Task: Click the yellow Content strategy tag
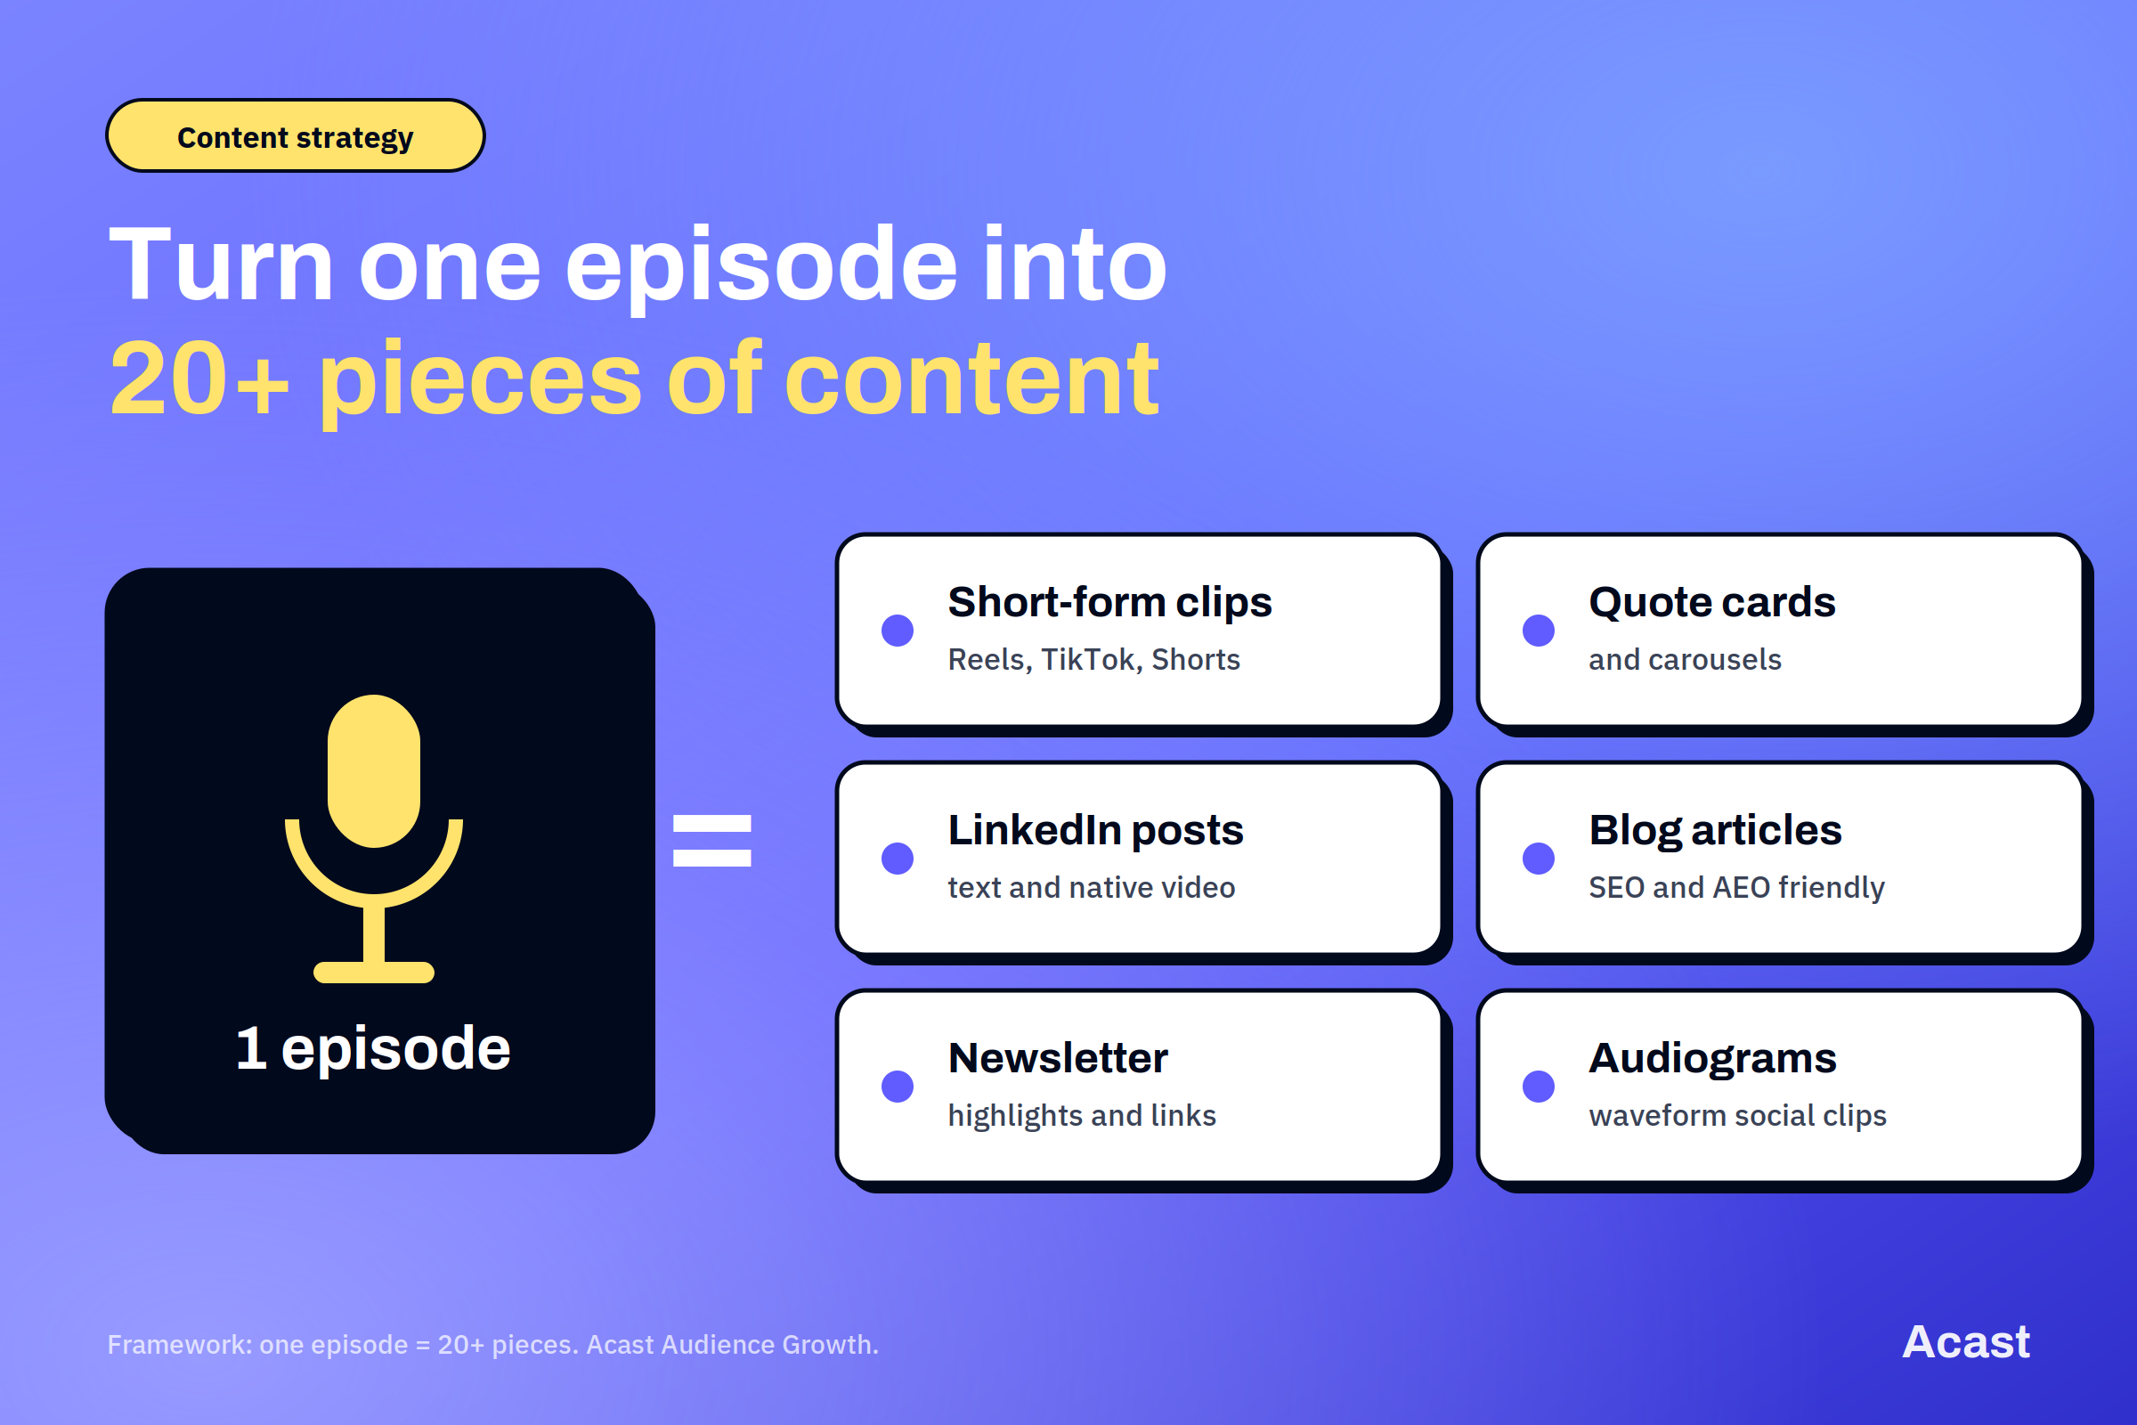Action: [296, 135]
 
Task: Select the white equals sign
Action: [712, 841]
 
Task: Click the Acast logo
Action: [1965, 1342]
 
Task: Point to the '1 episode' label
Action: [373, 1048]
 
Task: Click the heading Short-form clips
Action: [1109, 603]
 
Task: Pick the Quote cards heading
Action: [1711, 603]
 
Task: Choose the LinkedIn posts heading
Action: [1096, 831]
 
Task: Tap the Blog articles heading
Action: [1716, 831]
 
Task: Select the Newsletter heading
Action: [1058, 1059]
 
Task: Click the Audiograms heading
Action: [1712, 1059]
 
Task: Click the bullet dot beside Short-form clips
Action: [898, 631]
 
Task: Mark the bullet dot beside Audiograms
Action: [1539, 1086]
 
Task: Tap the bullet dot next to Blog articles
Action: [1539, 858]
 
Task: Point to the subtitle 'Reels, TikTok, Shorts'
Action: [1094, 660]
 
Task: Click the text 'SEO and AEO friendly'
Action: [1736, 888]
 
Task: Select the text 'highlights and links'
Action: [1081, 1116]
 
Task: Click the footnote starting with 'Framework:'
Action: [492, 1344]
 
